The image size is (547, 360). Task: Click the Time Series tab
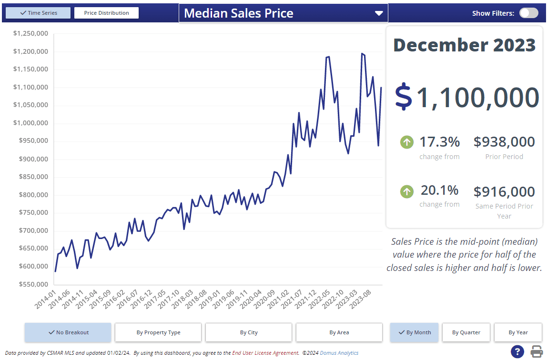point(38,13)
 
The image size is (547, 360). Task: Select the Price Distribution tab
point(106,13)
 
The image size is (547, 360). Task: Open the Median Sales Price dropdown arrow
point(379,13)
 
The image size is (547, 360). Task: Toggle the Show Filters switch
point(528,13)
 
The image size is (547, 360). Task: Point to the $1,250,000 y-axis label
point(30,33)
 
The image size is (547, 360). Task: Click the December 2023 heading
point(464,45)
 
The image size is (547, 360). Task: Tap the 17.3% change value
point(439,142)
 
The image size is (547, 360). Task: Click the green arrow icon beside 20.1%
point(407,191)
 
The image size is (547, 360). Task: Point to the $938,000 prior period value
point(504,142)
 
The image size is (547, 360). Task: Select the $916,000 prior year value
point(504,192)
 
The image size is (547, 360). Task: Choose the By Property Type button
point(158,332)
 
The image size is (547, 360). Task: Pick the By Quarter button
point(466,332)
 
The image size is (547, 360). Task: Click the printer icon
point(537,351)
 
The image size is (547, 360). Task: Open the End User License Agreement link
point(265,353)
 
